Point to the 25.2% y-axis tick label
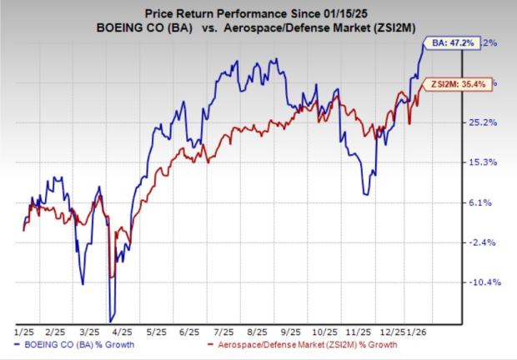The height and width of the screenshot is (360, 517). [x=484, y=122]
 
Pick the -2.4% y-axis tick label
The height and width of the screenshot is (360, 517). [x=484, y=242]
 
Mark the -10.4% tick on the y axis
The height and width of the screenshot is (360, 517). [x=484, y=282]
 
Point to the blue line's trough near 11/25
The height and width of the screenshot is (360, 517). [x=365, y=194]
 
